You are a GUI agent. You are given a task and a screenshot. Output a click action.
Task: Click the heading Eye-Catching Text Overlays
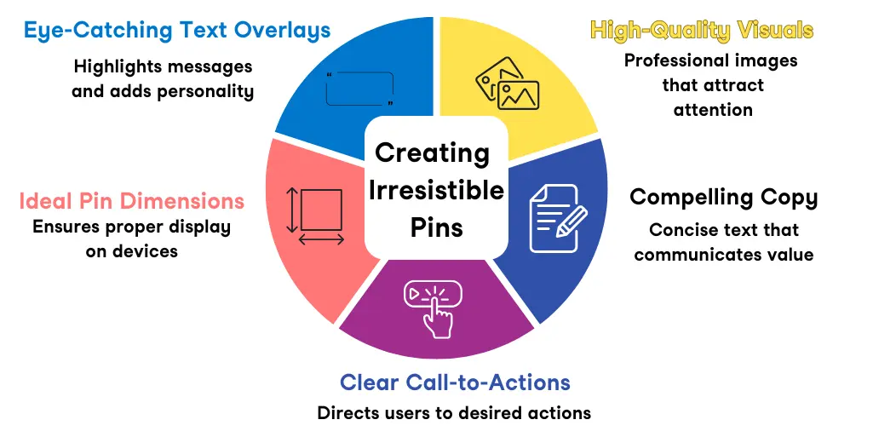point(177,32)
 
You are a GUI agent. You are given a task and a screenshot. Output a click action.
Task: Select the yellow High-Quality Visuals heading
point(702,32)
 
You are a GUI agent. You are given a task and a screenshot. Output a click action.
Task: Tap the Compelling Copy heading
point(723,198)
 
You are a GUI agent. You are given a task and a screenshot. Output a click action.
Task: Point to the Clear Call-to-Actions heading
point(455,382)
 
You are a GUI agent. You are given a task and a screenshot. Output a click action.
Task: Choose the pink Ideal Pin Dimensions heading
point(132,201)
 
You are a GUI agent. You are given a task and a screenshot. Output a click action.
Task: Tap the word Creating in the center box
point(433,153)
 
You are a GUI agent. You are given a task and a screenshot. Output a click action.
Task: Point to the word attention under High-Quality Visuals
point(713,109)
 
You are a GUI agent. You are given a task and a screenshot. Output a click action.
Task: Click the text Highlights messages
point(163,66)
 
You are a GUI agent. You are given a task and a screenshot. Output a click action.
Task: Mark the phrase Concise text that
point(724,230)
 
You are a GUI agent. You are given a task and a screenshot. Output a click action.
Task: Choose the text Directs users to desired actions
point(454,413)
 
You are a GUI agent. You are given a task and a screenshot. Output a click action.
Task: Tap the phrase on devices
point(132,251)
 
